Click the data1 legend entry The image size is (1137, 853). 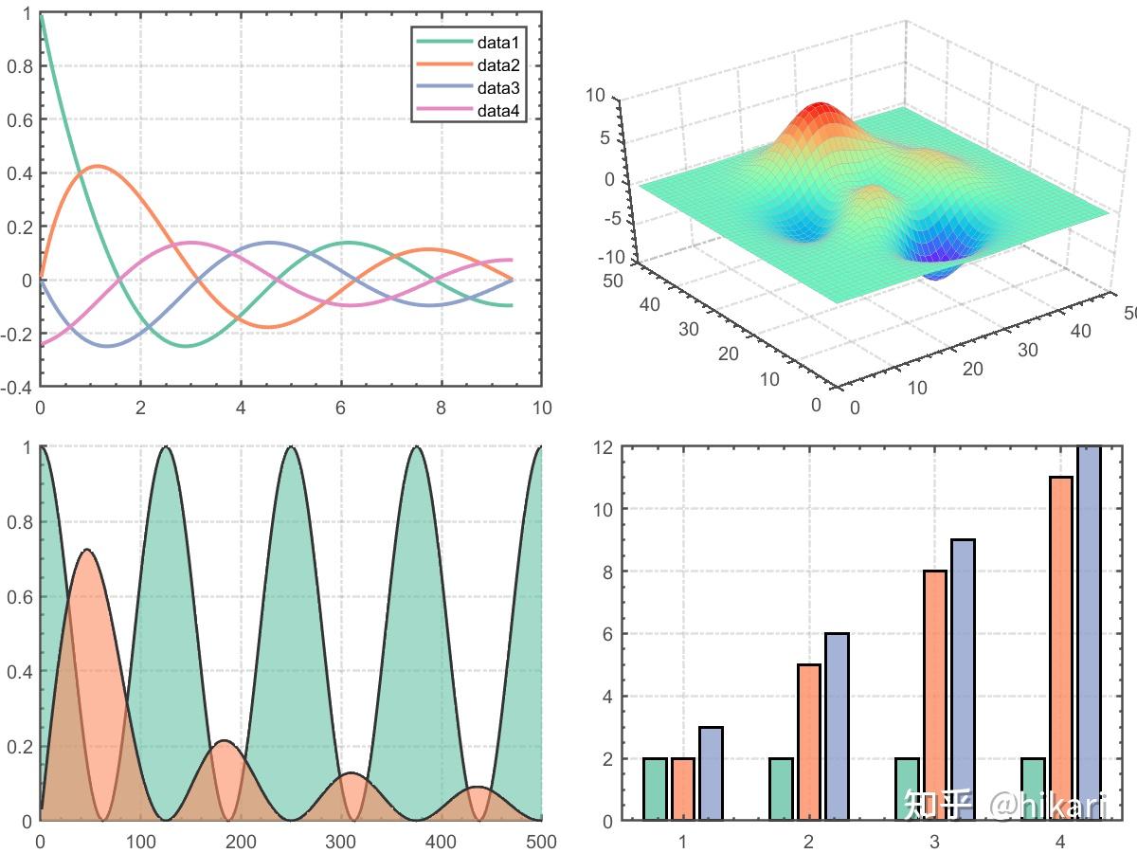point(498,43)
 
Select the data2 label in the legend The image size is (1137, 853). point(498,65)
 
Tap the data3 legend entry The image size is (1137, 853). point(498,88)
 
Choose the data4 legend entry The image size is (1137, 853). point(498,111)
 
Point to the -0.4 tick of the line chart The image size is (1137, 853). point(19,388)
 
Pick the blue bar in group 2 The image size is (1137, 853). point(837,726)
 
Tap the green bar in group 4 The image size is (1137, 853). point(1034,789)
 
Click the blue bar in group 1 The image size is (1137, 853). point(711,773)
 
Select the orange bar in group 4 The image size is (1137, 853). point(1061,648)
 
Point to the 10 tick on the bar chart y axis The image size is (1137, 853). point(604,509)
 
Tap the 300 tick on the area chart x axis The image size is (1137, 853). point(341,841)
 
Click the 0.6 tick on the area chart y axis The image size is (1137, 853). point(19,597)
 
